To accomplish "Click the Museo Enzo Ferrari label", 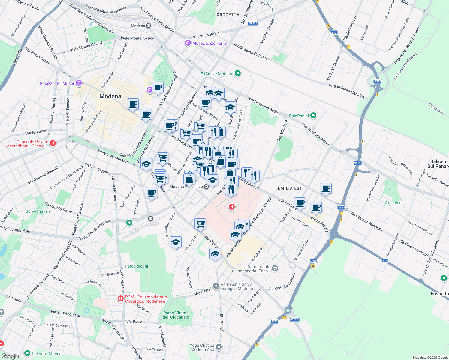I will (x=210, y=43).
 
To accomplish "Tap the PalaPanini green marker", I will (x=313, y=115).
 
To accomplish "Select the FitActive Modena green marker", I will (x=238, y=73).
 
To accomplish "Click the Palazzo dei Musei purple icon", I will (x=79, y=83).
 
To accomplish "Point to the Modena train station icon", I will (x=148, y=26).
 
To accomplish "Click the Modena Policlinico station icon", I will (x=206, y=187).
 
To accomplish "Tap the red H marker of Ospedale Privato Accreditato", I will (x=53, y=143).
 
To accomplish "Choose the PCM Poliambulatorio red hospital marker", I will (x=121, y=298).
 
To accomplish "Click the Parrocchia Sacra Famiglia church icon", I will (x=216, y=286).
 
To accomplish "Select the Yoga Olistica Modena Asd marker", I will (x=219, y=347).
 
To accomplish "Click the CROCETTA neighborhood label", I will (x=228, y=15).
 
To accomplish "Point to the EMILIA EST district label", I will (x=290, y=188).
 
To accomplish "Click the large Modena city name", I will (x=110, y=96).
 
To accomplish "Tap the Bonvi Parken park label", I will (x=38, y=211).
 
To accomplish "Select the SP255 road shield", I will (x=253, y=23).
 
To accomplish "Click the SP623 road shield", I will (x=294, y=319).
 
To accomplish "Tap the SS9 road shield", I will (x=385, y=261).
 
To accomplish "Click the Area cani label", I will (x=394, y=203).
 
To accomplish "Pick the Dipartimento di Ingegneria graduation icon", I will (x=275, y=268).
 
